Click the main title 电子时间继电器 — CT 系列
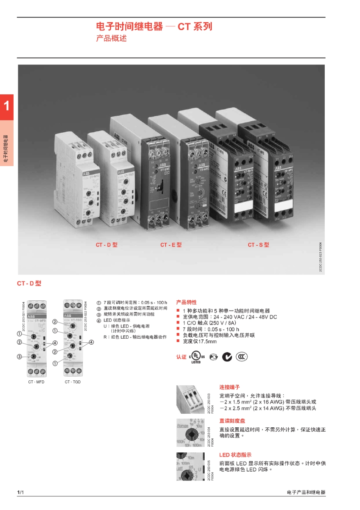(154, 27)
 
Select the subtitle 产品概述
(111, 38)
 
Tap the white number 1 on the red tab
(6, 106)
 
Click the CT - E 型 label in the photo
(171, 245)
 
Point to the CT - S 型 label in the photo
(258, 245)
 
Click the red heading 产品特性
(186, 302)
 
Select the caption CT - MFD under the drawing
(36, 382)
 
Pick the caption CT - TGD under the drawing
(73, 382)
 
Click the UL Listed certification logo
(197, 357)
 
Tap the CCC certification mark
(241, 356)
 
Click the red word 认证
(181, 357)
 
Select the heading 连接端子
(229, 387)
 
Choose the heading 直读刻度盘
(232, 421)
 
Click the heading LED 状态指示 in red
(235, 455)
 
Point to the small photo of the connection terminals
(190, 400)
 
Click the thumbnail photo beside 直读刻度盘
(190, 433)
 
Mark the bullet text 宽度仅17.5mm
(200, 342)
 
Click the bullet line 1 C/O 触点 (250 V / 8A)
(209, 323)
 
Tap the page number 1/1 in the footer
(20, 492)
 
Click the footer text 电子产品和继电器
(306, 492)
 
